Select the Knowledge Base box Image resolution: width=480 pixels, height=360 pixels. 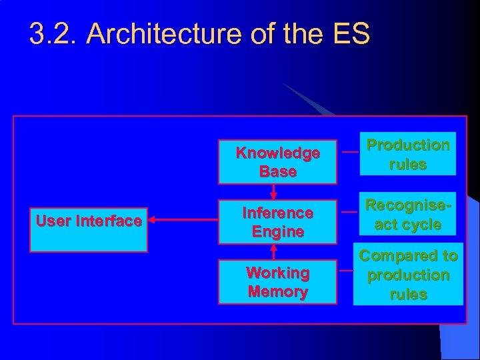click(278, 162)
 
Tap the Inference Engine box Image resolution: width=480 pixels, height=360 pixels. click(278, 223)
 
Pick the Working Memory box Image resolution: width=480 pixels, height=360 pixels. click(278, 282)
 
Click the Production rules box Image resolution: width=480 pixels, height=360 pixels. click(408, 155)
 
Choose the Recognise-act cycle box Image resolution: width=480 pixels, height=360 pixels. click(408, 215)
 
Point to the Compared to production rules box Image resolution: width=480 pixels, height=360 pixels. click(408, 275)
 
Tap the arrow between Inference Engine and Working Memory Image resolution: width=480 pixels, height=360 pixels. click(273, 251)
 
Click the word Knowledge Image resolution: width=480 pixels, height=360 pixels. click(278, 153)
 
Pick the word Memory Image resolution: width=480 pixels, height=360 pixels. click(278, 291)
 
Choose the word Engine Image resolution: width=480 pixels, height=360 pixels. click(278, 232)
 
